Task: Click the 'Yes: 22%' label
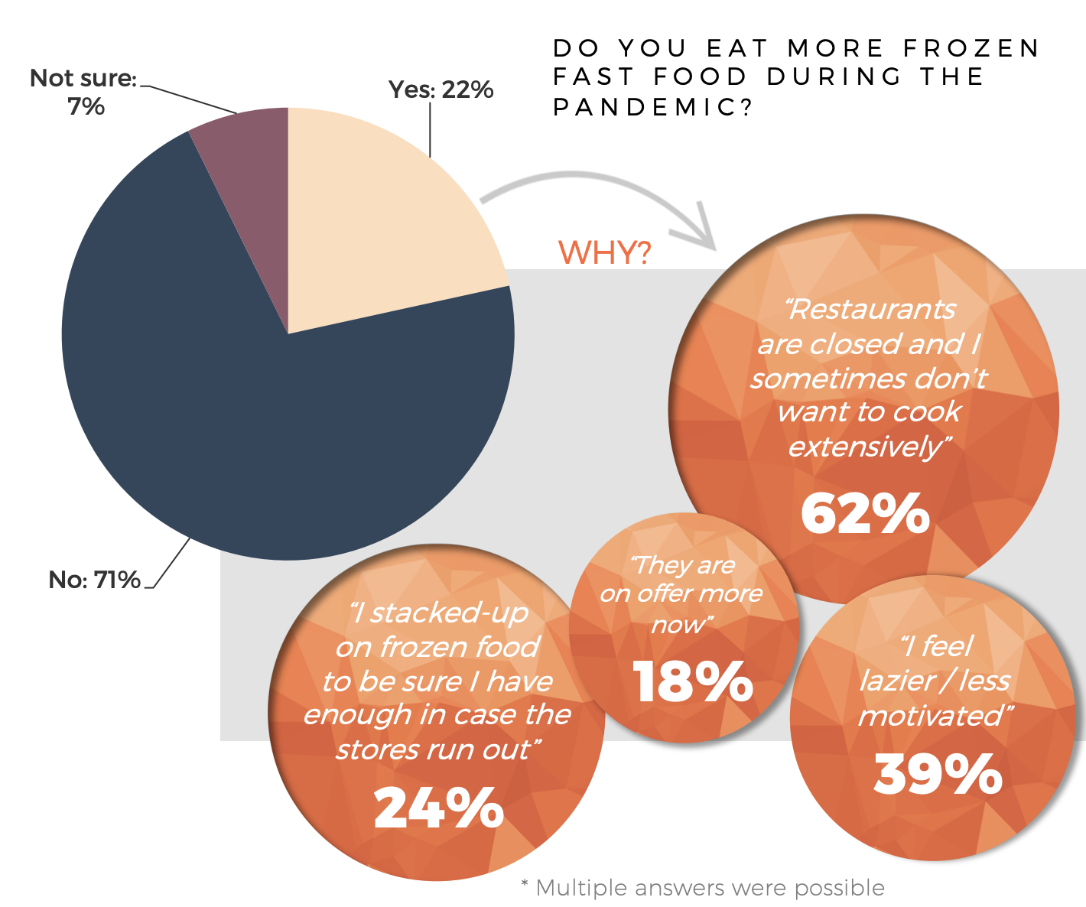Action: coord(441,89)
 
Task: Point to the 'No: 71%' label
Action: coord(94,580)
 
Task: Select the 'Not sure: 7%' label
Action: coord(83,92)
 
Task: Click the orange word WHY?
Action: coord(604,252)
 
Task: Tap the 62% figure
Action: coord(865,514)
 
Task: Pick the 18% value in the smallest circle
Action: coord(692,681)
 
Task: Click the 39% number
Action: coord(938,775)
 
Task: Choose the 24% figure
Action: coord(438,808)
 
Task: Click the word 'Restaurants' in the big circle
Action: coord(872,309)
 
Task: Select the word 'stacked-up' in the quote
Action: coord(448,613)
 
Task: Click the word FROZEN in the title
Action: coord(971,48)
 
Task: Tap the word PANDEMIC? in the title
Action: coord(654,107)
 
